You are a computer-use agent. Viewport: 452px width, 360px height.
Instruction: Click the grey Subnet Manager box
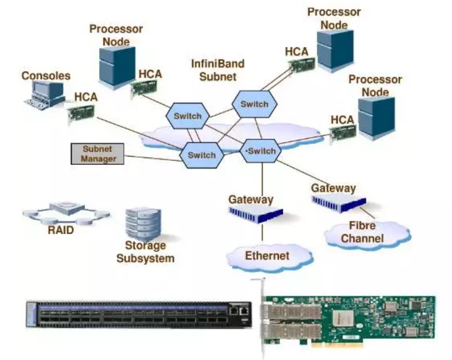97,153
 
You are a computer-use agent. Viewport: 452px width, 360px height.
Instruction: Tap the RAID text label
61,229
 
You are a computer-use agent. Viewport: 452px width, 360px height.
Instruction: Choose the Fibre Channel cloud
362,232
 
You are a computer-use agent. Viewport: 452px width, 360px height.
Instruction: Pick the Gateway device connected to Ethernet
255,214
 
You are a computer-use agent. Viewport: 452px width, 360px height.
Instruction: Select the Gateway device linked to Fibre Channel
339,201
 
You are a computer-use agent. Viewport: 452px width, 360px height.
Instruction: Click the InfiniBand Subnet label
217,70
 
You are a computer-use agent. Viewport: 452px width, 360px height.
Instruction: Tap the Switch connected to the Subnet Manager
202,155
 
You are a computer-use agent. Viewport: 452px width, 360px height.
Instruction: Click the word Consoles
46,76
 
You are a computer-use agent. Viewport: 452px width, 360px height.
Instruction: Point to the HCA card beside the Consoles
81,113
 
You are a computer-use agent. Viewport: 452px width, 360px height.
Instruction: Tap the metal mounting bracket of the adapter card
260,317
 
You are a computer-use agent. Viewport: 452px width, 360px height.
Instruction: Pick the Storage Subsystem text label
145,251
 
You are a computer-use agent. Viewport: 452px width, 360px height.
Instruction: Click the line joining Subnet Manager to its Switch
151,157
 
